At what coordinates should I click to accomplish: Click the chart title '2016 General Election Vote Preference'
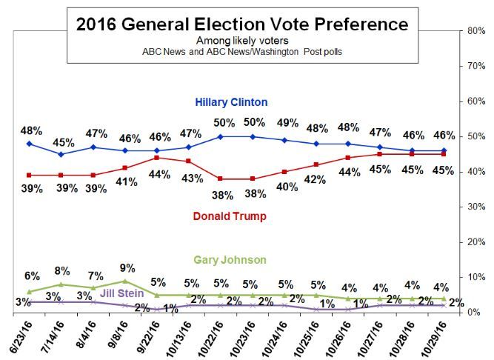(x=242, y=24)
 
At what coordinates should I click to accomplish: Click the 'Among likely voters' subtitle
(x=243, y=41)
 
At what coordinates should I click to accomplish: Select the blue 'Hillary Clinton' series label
(x=231, y=101)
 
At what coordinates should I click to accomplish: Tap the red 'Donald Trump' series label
(x=230, y=216)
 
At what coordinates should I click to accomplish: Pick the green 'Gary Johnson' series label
(x=230, y=260)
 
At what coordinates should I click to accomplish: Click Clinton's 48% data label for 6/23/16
(x=29, y=130)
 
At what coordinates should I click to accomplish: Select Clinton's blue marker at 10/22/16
(x=221, y=136)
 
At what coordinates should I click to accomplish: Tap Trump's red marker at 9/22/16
(x=156, y=158)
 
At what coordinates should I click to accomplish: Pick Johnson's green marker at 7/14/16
(x=60, y=284)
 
